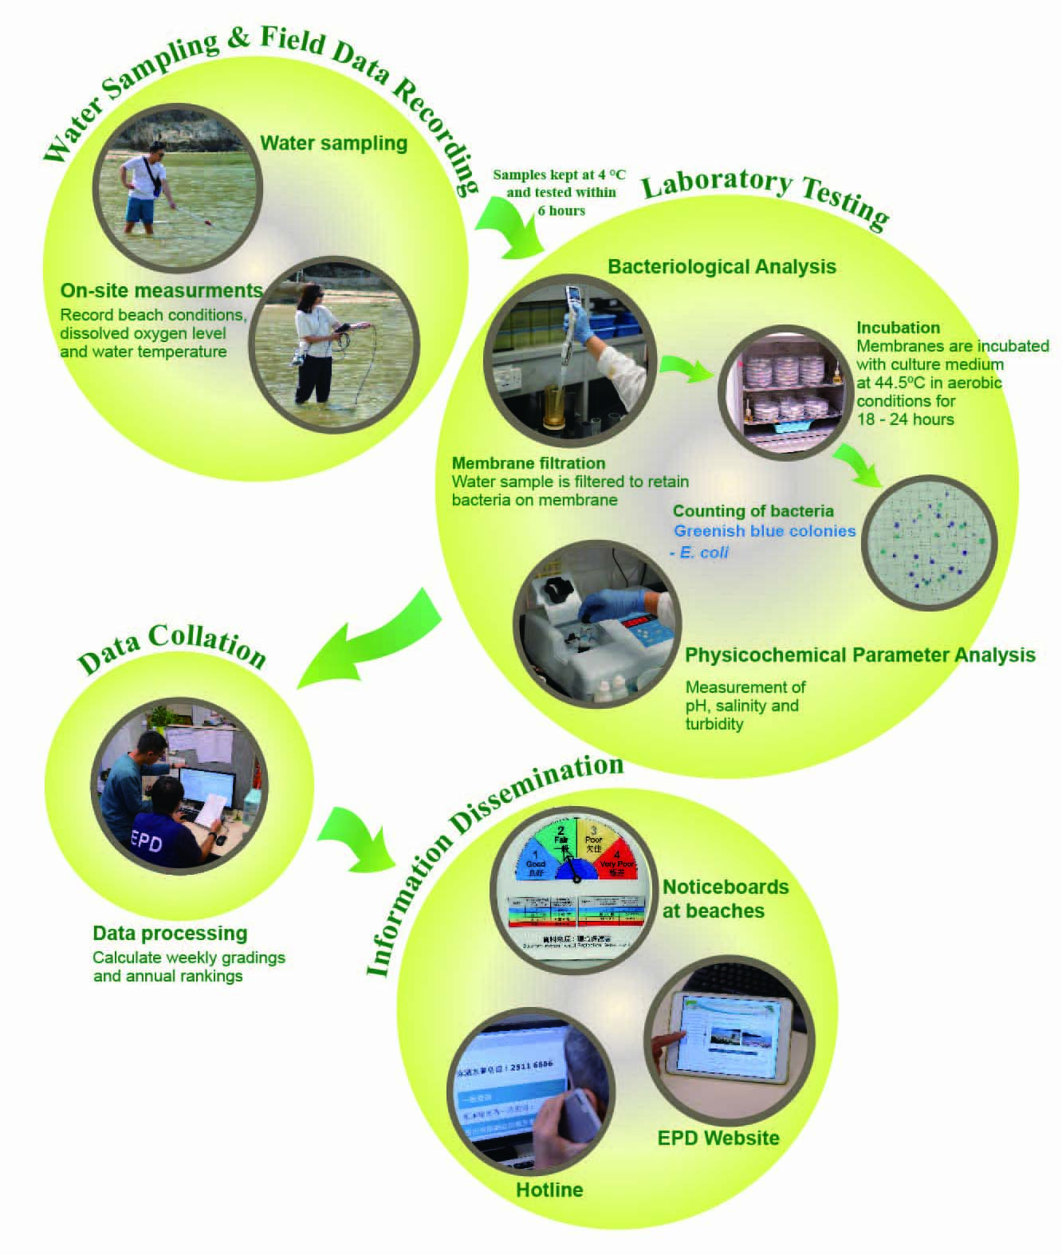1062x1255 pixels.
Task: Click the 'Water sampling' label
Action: pyautogui.click(x=333, y=144)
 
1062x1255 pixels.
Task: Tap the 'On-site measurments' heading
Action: pyautogui.click(x=161, y=290)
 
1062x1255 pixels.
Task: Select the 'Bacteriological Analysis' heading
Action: pyautogui.click(x=722, y=266)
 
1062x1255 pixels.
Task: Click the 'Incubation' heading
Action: pyautogui.click(x=898, y=328)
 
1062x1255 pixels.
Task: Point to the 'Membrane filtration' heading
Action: pyautogui.click(x=528, y=463)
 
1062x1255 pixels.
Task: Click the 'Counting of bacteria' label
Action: pyautogui.click(x=753, y=511)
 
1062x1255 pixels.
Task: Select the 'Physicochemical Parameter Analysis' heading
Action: pyautogui.click(x=859, y=655)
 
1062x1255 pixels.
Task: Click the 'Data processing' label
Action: pyautogui.click(x=170, y=933)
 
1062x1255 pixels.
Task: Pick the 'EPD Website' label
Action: pyautogui.click(x=718, y=1138)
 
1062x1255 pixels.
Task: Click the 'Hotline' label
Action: pyautogui.click(x=549, y=1190)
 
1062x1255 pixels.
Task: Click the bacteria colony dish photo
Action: pyautogui.click(x=930, y=543)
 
